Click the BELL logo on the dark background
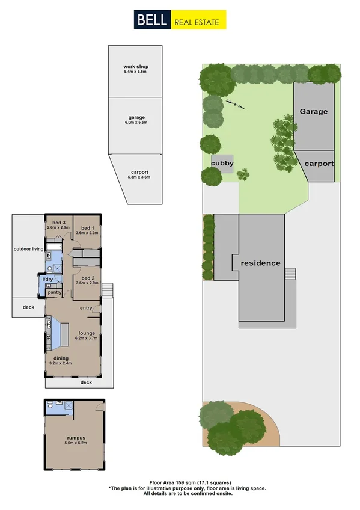click(151, 20)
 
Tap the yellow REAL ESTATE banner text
click(199, 23)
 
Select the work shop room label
click(135, 66)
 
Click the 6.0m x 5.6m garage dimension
click(135, 123)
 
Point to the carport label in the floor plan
click(138, 172)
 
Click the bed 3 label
click(58, 223)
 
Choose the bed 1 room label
click(88, 227)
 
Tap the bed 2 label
click(88, 278)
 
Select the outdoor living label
click(29, 248)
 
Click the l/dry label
click(47, 280)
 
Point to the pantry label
click(55, 292)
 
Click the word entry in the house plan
click(85, 308)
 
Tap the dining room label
click(61, 358)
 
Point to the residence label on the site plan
click(261, 263)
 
